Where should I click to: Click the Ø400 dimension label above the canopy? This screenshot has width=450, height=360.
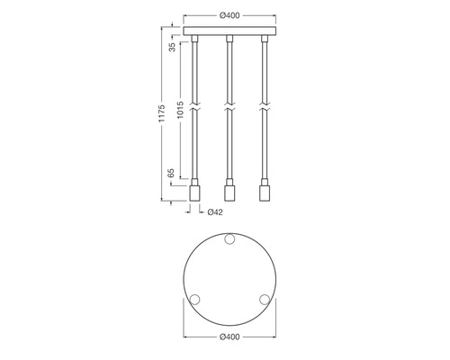point(229,15)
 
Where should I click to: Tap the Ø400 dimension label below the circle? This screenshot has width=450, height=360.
point(229,337)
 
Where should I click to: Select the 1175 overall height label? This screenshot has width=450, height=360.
point(162,113)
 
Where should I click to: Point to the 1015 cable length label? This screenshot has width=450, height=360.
point(180,110)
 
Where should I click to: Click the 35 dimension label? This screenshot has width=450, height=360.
point(172,47)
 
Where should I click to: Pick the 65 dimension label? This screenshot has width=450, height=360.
point(171,173)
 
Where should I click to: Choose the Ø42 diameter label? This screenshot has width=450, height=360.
point(215,212)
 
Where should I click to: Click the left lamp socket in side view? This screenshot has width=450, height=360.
point(194,193)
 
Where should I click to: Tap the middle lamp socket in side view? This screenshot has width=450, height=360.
point(229,193)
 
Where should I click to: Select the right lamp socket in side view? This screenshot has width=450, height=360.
point(265,193)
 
